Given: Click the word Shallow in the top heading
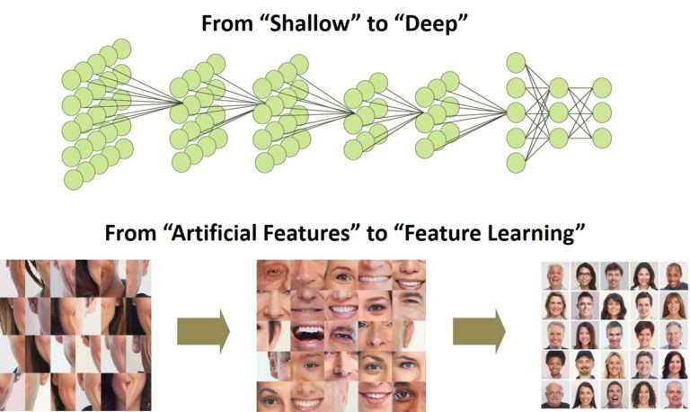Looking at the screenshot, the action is (307, 23).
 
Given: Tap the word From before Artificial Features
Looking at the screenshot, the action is (130, 233).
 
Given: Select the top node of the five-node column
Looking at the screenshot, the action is (516, 63).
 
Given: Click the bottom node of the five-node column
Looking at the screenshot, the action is (516, 163).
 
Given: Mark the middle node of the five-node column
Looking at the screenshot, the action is (516, 112).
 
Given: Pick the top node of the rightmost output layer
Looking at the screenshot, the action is (602, 87).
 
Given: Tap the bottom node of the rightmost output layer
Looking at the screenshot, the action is (602, 138).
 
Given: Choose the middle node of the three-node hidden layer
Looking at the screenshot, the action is (559, 112).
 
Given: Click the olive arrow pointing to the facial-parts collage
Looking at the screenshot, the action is (203, 331).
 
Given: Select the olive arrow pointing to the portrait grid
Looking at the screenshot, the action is (479, 331).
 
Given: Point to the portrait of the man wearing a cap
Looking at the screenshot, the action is (585, 365).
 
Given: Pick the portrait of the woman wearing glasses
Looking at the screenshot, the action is (585, 276).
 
